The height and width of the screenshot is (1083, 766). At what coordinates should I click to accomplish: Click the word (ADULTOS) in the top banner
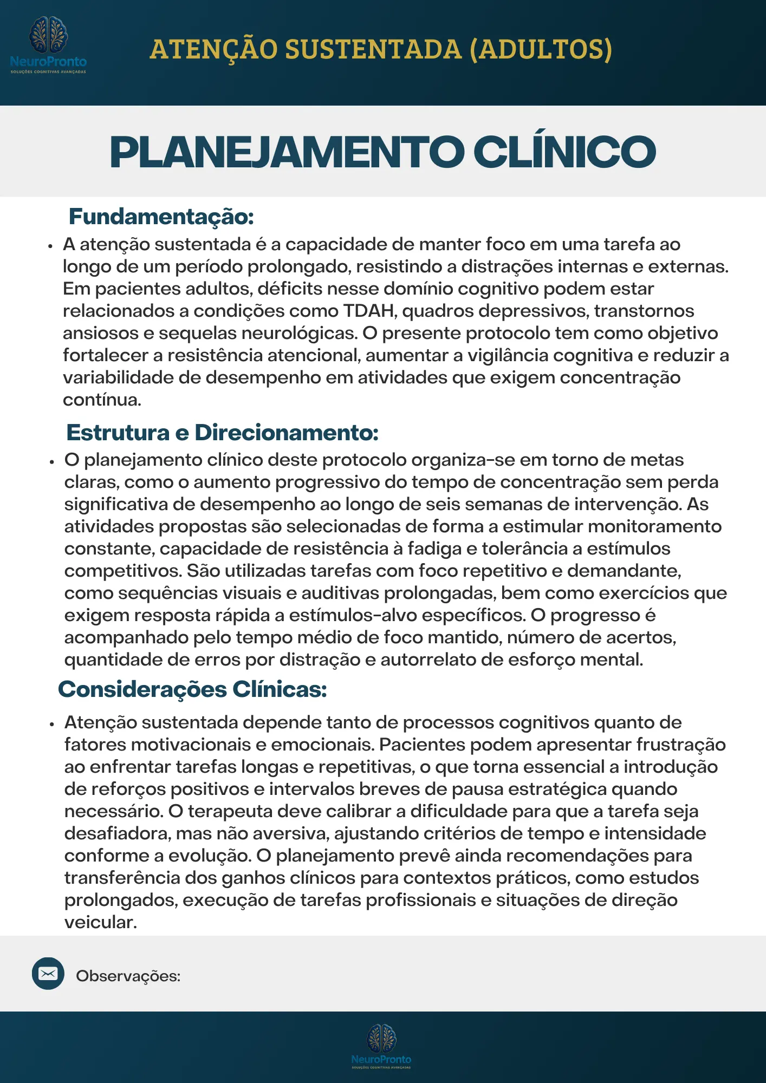tap(541, 50)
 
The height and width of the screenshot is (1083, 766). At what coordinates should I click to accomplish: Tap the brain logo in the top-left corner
tap(48, 35)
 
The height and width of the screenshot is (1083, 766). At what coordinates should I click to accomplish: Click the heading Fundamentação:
tap(161, 217)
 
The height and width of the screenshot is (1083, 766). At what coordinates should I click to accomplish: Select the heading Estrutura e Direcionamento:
tap(222, 433)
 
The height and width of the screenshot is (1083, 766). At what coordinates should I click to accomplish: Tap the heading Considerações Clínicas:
tap(192, 689)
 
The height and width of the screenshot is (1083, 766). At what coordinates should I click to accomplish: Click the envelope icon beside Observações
tap(48, 974)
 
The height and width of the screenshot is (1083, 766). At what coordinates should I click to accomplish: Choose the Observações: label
tap(128, 976)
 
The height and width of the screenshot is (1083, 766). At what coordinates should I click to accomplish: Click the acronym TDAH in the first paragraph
tap(369, 311)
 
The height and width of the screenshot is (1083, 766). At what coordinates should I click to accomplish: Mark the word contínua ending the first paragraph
tap(102, 400)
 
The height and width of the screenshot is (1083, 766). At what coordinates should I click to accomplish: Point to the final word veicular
tap(100, 923)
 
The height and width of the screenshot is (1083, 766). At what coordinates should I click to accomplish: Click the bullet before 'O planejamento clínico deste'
tap(52, 462)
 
